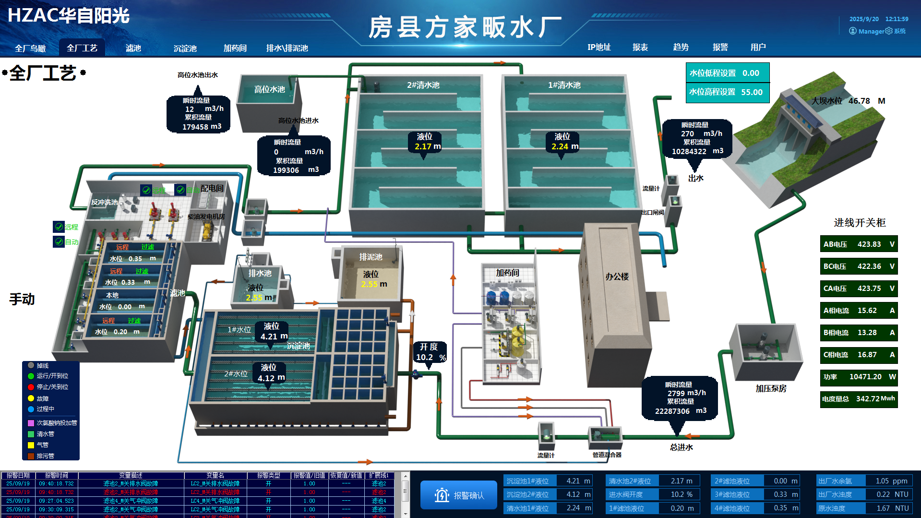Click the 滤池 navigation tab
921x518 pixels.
pos(133,48)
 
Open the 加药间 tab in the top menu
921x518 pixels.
pos(235,48)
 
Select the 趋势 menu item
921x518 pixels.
pos(681,47)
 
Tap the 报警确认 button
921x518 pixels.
pos(459,495)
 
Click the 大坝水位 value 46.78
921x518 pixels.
pos(859,101)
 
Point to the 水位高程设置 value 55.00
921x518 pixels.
pos(752,92)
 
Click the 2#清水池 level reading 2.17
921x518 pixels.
pos(423,146)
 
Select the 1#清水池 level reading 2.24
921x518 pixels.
pos(560,146)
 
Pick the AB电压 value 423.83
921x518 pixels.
pos(869,244)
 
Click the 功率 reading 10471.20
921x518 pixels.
pos(865,377)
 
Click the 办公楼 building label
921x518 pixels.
pos(617,277)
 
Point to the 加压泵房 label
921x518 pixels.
pos(771,388)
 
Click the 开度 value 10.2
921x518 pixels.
pos(424,357)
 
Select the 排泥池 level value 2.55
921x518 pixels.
pos(369,284)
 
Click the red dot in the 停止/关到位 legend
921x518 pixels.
pos(31,387)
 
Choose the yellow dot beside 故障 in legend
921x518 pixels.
pos(31,398)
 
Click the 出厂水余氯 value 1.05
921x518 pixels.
pos(882,481)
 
